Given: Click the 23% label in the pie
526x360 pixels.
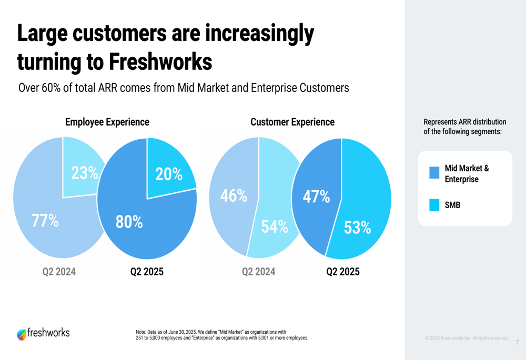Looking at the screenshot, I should click(x=85, y=173).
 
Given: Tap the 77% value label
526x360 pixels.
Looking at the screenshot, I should click(x=45, y=221).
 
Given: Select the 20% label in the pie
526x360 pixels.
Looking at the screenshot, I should click(x=168, y=174).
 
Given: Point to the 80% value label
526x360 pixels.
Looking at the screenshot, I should click(x=129, y=222).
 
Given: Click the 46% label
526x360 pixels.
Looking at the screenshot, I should click(x=234, y=196).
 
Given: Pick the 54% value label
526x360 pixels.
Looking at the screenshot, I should click(x=275, y=227).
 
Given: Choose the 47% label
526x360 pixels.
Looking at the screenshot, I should click(x=317, y=197).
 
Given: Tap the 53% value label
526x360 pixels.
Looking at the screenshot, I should click(x=358, y=228).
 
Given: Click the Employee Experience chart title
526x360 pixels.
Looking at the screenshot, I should click(x=107, y=122).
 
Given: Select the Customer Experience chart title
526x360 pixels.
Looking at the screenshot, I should click(x=292, y=122).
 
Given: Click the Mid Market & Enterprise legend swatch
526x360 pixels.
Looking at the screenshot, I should click(x=434, y=173).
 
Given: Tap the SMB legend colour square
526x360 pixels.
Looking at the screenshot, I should click(x=434, y=205).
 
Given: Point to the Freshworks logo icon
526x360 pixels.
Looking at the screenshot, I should click(x=22, y=334).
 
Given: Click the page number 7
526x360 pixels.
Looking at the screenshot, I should click(x=517, y=343).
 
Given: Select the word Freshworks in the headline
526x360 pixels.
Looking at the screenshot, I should click(x=160, y=62).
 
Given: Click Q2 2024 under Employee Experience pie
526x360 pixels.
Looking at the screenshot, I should click(x=59, y=272).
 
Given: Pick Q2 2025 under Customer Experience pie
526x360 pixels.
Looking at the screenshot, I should click(x=343, y=272).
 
